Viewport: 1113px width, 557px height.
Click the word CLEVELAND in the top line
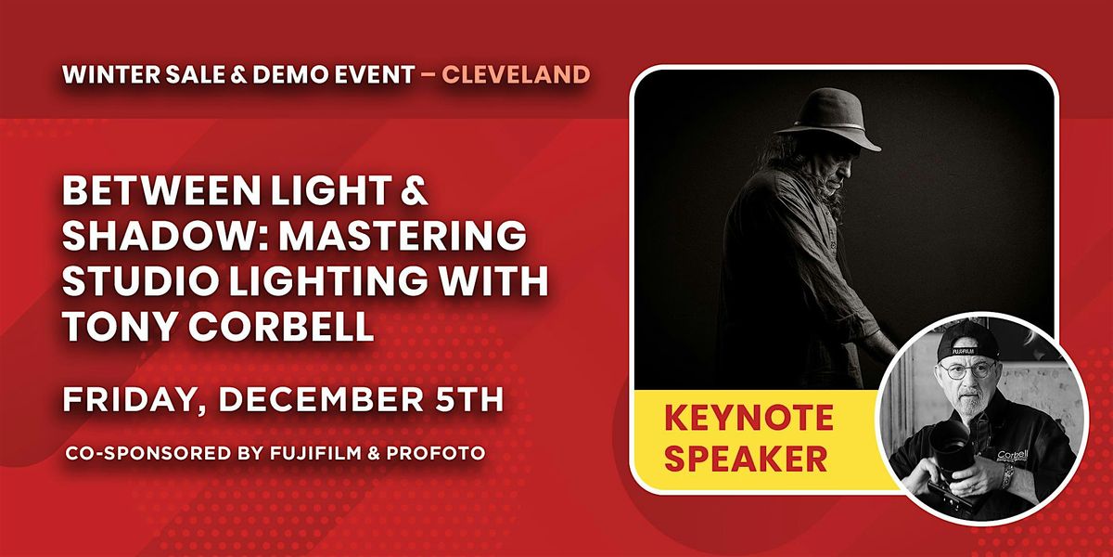pyautogui.click(x=516, y=75)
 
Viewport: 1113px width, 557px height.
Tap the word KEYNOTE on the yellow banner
pyautogui.click(x=748, y=419)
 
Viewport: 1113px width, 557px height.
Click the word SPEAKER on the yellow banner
pyautogui.click(x=746, y=458)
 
